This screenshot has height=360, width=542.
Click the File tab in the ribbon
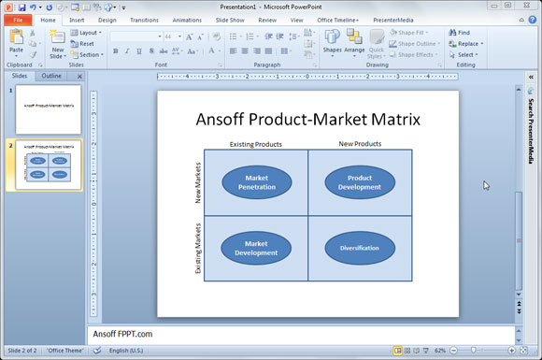18,19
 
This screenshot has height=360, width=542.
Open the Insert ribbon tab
77,19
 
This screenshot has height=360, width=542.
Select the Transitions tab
144,19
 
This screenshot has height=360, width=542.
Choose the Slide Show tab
229,19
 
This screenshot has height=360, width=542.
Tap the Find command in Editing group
459,33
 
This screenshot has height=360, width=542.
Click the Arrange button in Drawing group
354,43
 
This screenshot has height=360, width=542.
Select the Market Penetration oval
256,182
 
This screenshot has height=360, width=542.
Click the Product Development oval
360,182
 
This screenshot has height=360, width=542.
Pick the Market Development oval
256,248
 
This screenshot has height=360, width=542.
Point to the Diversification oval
360,248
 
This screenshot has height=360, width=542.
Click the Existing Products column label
255,144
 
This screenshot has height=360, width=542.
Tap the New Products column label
360,143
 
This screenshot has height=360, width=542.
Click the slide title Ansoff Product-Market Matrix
308,120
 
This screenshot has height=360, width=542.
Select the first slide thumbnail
48,109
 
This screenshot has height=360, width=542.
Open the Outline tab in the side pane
53,76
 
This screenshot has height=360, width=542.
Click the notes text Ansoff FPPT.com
122,334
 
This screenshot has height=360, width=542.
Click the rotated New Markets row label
198,183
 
